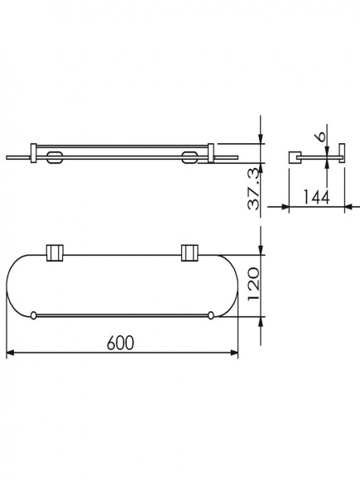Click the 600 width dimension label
pos(121,343)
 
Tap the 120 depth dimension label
pos(254,284)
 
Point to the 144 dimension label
pos(316,197)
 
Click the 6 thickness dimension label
pos(321,137)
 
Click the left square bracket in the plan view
pos(55,253)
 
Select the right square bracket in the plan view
pos(190,253)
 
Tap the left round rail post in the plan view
pos(33,315)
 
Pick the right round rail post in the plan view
pos(210,315)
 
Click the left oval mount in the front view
pos(55,157)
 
